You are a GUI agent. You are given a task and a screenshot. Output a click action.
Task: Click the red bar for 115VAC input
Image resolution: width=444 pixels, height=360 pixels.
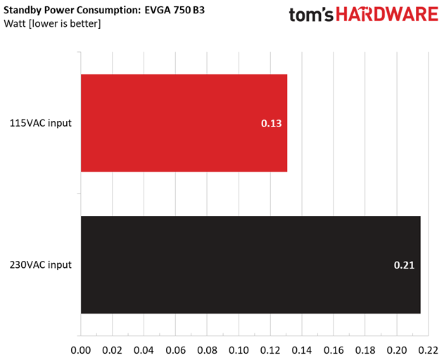pos(184,123)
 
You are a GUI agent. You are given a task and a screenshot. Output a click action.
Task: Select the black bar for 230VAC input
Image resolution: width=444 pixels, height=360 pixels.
pos(250,264)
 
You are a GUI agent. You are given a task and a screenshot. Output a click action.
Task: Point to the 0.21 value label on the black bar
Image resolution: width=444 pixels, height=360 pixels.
pos(404,265)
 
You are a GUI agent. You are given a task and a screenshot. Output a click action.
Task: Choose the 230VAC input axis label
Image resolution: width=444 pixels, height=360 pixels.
pos(40,265)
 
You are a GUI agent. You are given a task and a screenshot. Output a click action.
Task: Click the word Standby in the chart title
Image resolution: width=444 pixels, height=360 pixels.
pos(23,11)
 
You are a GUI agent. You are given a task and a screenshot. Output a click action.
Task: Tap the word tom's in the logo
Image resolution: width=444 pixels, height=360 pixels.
pos(311,16)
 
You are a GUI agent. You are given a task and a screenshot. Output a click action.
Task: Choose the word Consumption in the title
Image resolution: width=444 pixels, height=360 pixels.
pos(109,11)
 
